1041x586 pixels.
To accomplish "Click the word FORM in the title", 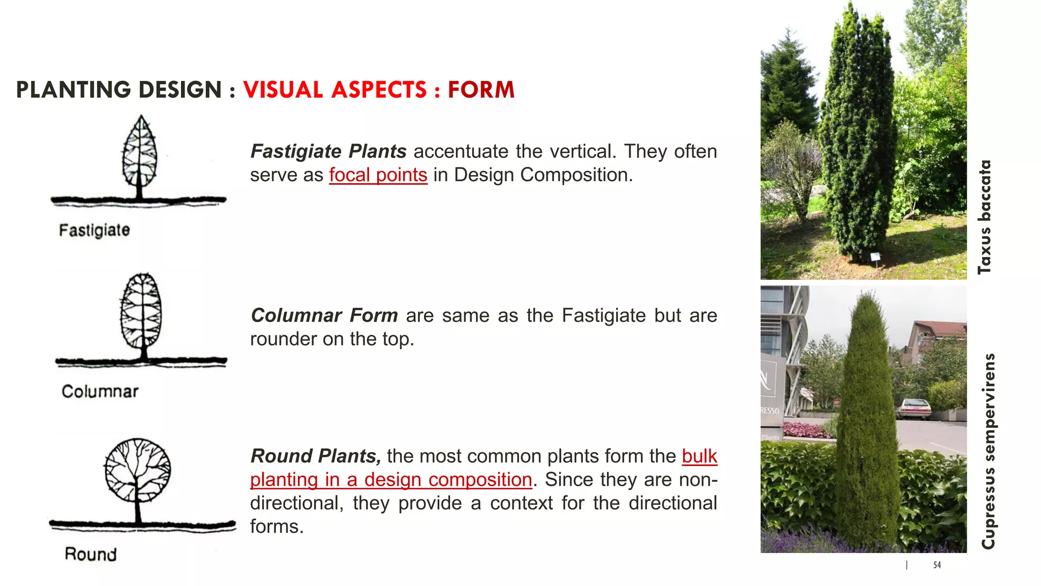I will pos(481,90).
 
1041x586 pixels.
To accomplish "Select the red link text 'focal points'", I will pos(378,175).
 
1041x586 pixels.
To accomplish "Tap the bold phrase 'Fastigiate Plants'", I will pos(328,152).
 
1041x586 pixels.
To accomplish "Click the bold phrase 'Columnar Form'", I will pos(324,316).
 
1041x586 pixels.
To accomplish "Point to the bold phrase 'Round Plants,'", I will pos(316,456).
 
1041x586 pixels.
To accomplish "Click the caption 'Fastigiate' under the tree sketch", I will pos(95,230).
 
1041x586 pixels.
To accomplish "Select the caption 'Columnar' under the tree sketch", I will pos(100,392).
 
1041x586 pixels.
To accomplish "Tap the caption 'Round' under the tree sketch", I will pos(90,554).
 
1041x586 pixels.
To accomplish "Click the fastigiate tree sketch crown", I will pos(140,153).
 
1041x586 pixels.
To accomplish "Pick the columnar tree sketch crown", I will pos(142,310).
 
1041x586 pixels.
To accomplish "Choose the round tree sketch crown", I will pos(137,471).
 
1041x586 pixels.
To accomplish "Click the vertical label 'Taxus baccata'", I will pos(985,217).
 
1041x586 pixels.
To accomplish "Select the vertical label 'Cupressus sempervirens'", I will pos(988,451).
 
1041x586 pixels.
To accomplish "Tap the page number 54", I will pos(937,565).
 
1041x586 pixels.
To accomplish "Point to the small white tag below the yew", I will pos(875,257).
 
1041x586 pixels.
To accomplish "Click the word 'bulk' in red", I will pos(699,456).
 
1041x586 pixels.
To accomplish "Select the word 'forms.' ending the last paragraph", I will pos(277,526).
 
